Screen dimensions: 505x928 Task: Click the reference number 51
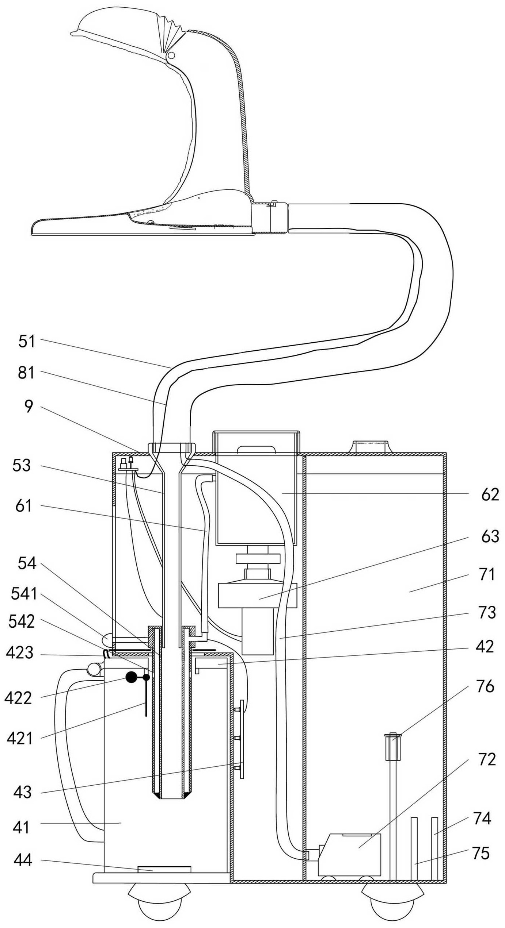(x=27, y=342)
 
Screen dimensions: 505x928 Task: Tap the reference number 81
(x=26, y=373)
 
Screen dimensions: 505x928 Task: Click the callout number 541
(x=24, y=594)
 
